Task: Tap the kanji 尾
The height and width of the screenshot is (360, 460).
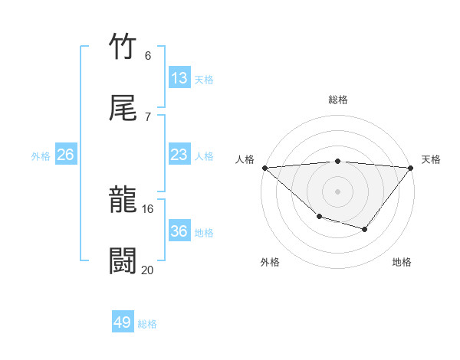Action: (123, 108)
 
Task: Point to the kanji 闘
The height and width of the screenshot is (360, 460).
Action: (123, 261)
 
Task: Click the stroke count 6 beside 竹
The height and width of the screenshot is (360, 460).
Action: (147, 55)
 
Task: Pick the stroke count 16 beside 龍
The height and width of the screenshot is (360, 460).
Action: (147, 208)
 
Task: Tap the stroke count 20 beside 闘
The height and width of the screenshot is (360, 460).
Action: (147, 269)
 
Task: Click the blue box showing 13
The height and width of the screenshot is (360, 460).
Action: (179, 78)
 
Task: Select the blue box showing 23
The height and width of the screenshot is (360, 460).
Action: (179, 155)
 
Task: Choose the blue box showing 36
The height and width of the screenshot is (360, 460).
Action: (179, 231)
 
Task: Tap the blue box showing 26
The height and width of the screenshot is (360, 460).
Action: (65, 155)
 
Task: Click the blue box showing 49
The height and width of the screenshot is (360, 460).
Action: (123, 322)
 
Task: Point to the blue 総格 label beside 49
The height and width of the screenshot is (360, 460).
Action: (147, 324)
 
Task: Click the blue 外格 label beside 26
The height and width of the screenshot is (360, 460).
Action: (41, 156)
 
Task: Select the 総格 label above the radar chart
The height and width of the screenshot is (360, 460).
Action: (337, 100)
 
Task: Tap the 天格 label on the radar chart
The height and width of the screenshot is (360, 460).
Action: (431, 159)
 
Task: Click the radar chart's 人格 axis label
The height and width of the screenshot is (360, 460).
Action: (245, 159)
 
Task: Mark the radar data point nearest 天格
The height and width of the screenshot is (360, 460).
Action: (411, 168)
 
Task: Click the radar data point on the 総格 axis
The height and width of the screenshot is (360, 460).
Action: (337, 161)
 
